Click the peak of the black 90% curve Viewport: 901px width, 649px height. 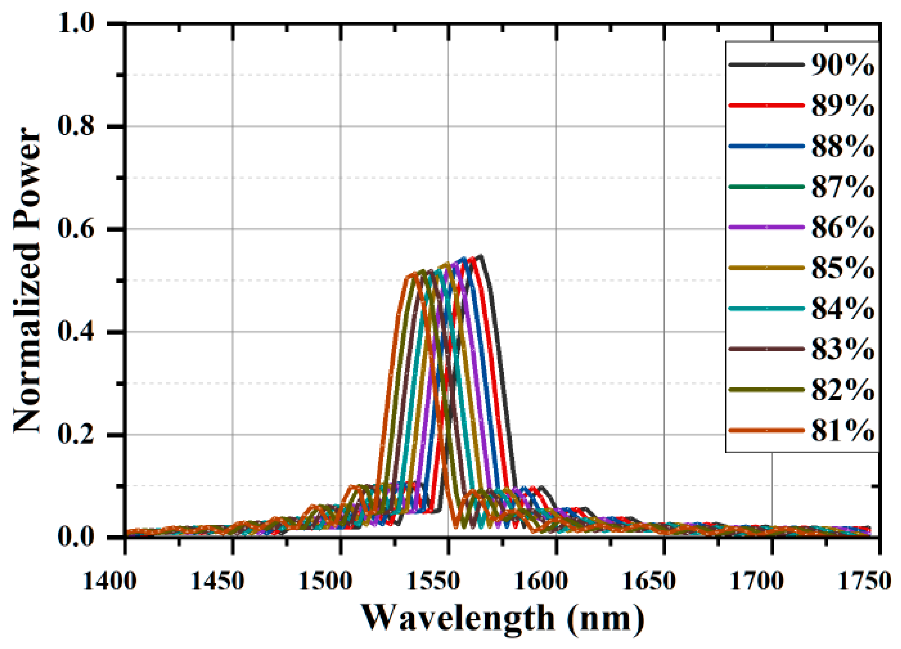point(481,256)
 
